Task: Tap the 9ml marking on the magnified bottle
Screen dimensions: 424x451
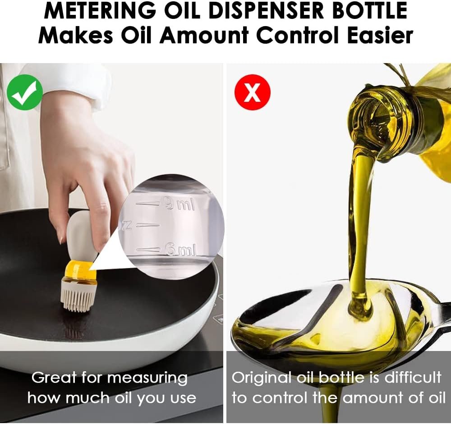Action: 179,205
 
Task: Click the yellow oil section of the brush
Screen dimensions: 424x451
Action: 80,271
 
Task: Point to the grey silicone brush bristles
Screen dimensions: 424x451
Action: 78,297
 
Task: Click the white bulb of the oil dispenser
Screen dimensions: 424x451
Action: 81,237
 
